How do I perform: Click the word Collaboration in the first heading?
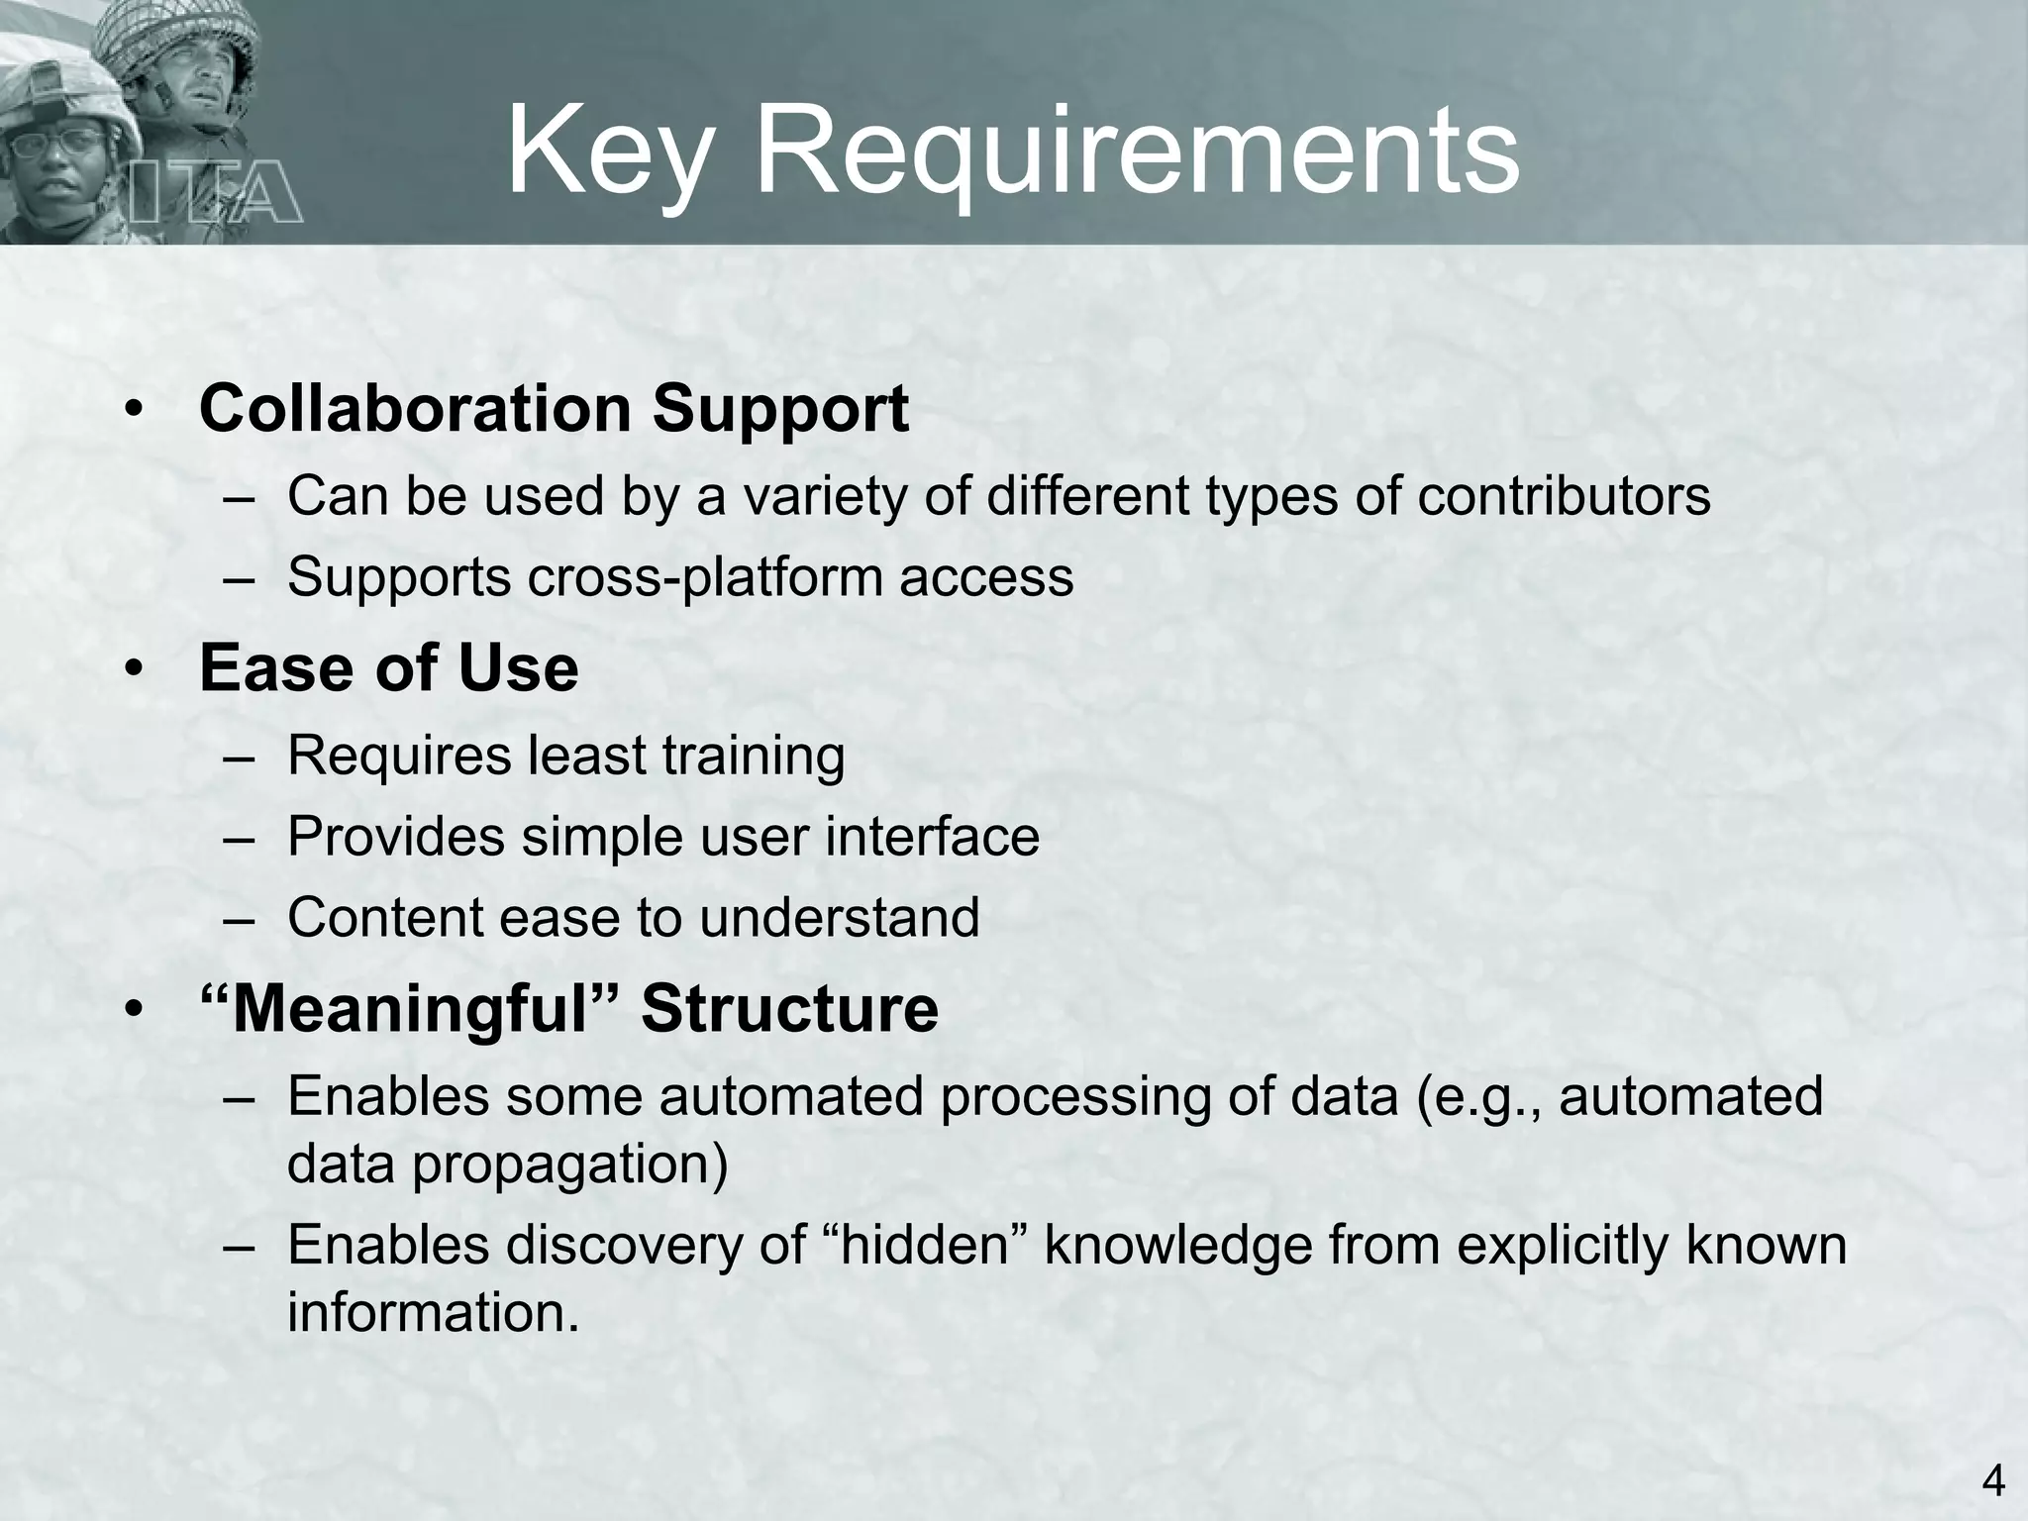[415, 408]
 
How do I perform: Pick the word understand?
[840, 917]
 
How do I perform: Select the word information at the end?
[433, 1312]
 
